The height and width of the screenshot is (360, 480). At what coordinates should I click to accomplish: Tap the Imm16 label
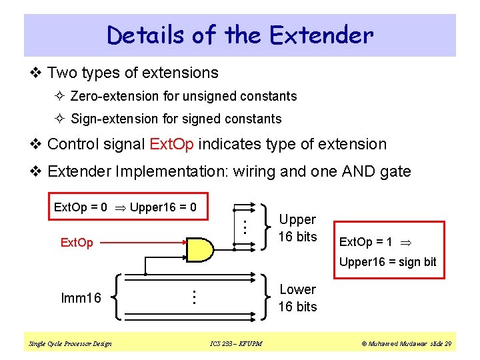[x=81, y=298]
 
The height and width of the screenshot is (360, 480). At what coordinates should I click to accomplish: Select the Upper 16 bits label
[x=297, y=228]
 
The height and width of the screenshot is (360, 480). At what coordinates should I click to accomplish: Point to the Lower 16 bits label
[x=297, y=298]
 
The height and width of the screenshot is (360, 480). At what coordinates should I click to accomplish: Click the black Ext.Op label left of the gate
[x=77, y=243]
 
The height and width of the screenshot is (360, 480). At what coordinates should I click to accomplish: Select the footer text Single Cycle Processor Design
[x=70, y=344]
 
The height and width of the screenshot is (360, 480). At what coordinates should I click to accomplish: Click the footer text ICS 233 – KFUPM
[x=235, y=344]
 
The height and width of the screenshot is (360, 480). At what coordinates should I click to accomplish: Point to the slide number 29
[x=447, y=344]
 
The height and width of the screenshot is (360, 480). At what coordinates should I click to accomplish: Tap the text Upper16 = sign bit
[x=387, y=262]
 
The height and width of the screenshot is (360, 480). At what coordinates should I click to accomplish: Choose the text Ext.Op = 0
[x=81, y=207]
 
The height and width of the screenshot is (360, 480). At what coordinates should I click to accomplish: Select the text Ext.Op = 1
[x=365, y=241]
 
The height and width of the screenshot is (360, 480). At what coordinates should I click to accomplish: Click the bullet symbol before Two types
[x=37, y=73]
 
